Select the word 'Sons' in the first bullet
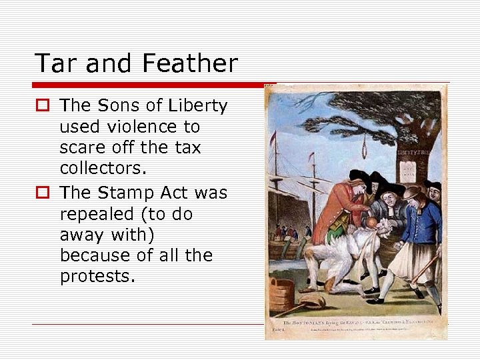click(120, 106)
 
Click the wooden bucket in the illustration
click(281, 296)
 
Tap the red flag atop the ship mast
click(273, 136)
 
